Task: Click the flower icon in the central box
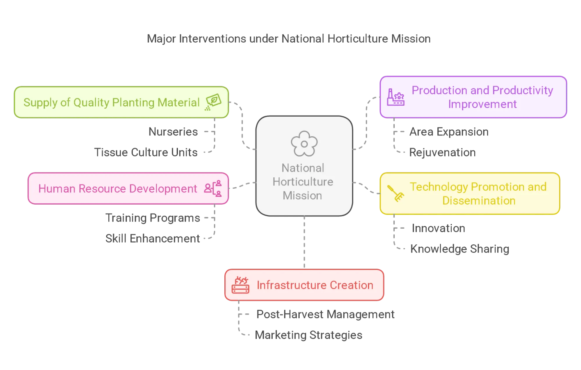coord(304,144)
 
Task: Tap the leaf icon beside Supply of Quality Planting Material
coord(213,102)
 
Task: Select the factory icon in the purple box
coord(396,97)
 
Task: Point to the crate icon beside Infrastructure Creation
coord(240,285)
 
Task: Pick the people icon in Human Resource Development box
coord(213,188)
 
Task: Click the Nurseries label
coord(173,132)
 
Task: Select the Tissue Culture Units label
coord(146,152)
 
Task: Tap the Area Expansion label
coord(449,132)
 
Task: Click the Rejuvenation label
coord(443,152)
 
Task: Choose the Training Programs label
coord(153,218)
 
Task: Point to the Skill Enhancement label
coord(153,238)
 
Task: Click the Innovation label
coord(438,228)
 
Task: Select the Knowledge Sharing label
coord(459,249)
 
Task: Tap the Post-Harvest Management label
coord(325,314)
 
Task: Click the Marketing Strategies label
coord(309,335)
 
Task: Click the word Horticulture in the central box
coord(303,182)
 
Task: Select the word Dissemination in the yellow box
coord(479,201)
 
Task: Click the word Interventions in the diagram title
coord(212,39)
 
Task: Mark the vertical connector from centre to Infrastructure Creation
coord(304,242)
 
